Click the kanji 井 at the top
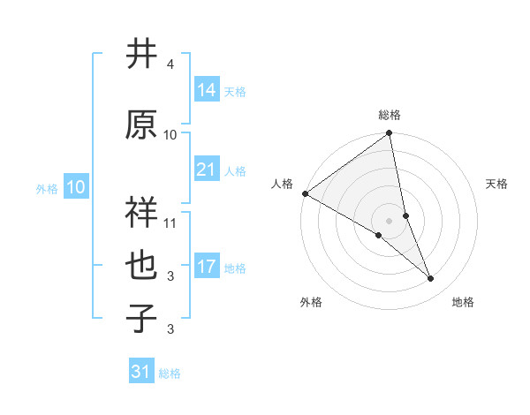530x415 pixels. tap(141, 55)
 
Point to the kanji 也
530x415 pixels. tap(141, 266)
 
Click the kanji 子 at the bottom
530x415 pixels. tap(141, 319)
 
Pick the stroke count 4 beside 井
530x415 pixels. tap(170, 64)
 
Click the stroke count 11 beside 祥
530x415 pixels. tap(170, 223)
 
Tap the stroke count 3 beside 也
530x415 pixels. tap(170, 276)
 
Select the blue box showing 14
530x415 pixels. tap(207, 90)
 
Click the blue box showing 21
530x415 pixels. tap(207, 170)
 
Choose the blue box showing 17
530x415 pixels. tap(207, 267)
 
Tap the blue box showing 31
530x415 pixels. tap(141, 372)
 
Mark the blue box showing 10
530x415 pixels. tap(75, 187)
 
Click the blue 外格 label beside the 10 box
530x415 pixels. tap(47, 188)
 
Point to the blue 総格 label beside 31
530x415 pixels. tap(170, 373)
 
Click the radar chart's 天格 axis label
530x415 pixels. tap(496, 184)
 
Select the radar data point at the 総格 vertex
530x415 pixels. tap(390, 134)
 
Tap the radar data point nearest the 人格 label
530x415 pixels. tap(305, 193)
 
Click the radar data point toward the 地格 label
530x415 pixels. tap(431, 279)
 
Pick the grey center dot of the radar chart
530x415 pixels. tap(389, 219)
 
